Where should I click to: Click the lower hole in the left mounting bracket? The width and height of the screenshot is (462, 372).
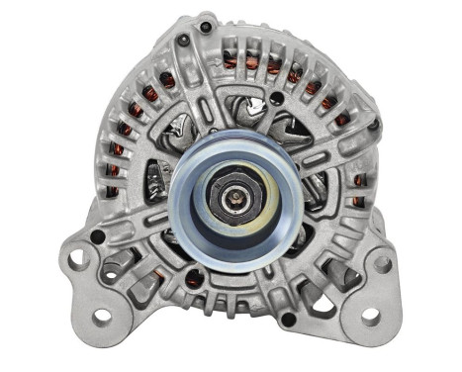tap(101, 316)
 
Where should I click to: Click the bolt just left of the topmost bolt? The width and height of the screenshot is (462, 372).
tap(183, 41)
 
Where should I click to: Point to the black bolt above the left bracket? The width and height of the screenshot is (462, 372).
tap(98, 236)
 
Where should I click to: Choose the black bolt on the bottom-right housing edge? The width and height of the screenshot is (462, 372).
tap(287, 319)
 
